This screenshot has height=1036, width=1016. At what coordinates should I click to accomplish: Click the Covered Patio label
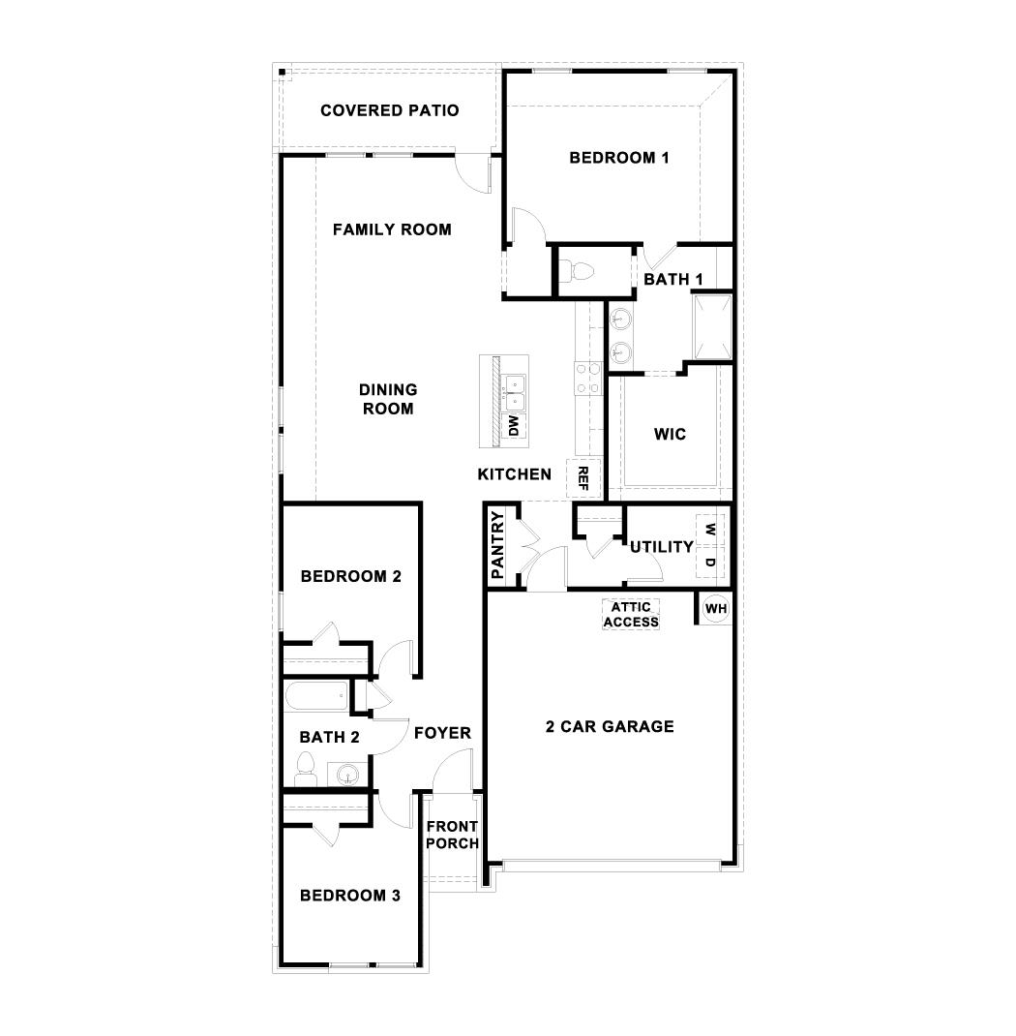pos(390,110)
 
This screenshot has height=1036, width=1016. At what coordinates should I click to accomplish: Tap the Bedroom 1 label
pos(619,158)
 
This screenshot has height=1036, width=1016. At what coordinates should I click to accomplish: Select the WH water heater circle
pos(716,609)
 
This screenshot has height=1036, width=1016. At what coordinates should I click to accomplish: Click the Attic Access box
pos(631,615)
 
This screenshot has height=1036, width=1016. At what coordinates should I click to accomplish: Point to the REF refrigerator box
pos(583,475)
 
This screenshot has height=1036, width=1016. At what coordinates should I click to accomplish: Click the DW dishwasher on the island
pos(515,426)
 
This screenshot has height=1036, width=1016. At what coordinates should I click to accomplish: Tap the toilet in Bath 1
pos(579,268)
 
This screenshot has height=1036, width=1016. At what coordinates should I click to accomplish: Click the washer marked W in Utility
pos(710,530)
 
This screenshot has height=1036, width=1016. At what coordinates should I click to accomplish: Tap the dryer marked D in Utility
pos(710,563)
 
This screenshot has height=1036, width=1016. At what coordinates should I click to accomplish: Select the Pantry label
pos(498,547)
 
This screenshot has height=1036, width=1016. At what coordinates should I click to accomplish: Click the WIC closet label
pos(670,435)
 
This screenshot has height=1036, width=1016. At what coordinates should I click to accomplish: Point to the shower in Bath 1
pos(709,326)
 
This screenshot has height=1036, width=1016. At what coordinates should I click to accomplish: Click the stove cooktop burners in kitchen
pos(586,378)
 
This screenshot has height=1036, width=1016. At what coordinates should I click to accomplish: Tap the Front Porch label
pos(453,835)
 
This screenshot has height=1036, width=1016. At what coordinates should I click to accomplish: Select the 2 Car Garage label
pos(609,726)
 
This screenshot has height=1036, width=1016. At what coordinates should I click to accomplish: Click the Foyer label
pos(442,733)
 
